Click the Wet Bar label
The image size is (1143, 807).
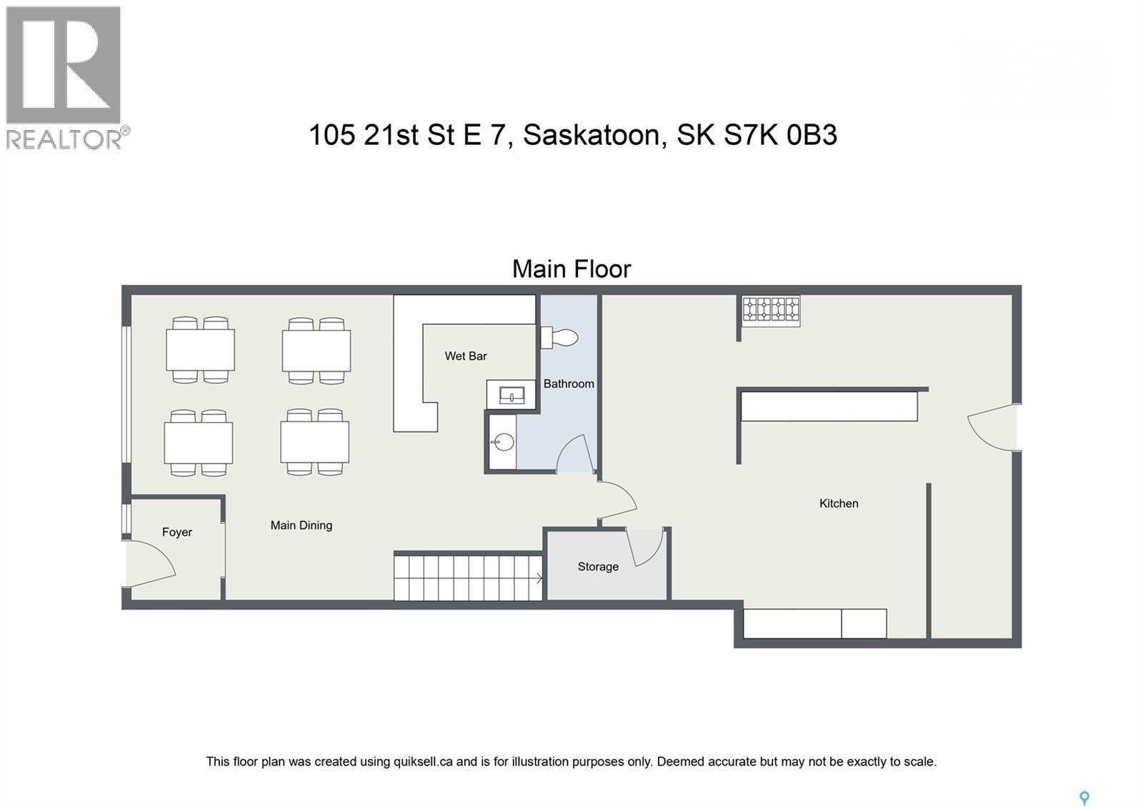click(x=465, y=356)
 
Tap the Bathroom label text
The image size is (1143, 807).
click(x=569, y=384)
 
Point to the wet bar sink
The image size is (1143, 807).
click(x=511, y=394)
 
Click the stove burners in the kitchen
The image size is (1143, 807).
click(x=771, y=310)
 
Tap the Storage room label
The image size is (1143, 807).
click(x=598, y=566)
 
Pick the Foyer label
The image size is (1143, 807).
click(x=176, y=532)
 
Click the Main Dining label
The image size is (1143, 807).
click(x=301, y=525)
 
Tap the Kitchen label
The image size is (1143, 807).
click(x=839, y=503)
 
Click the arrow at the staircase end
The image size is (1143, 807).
click(x=539, y=576)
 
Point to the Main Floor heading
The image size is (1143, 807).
click(x=571, y=269)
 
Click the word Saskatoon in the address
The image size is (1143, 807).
click(x=591, y=135)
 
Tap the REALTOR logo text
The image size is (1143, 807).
click(x=64, y=139)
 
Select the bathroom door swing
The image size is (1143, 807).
click(x=574, y=454)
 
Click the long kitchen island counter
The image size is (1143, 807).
click(x=829, y=406)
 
